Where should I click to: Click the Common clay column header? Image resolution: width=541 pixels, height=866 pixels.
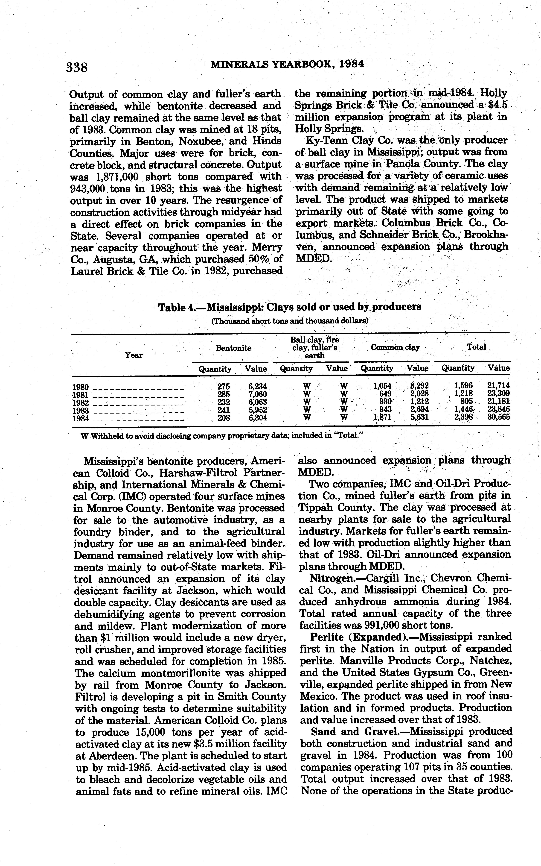coord(395,347)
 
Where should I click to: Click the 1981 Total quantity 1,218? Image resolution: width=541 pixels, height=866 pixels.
coord(463,394)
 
